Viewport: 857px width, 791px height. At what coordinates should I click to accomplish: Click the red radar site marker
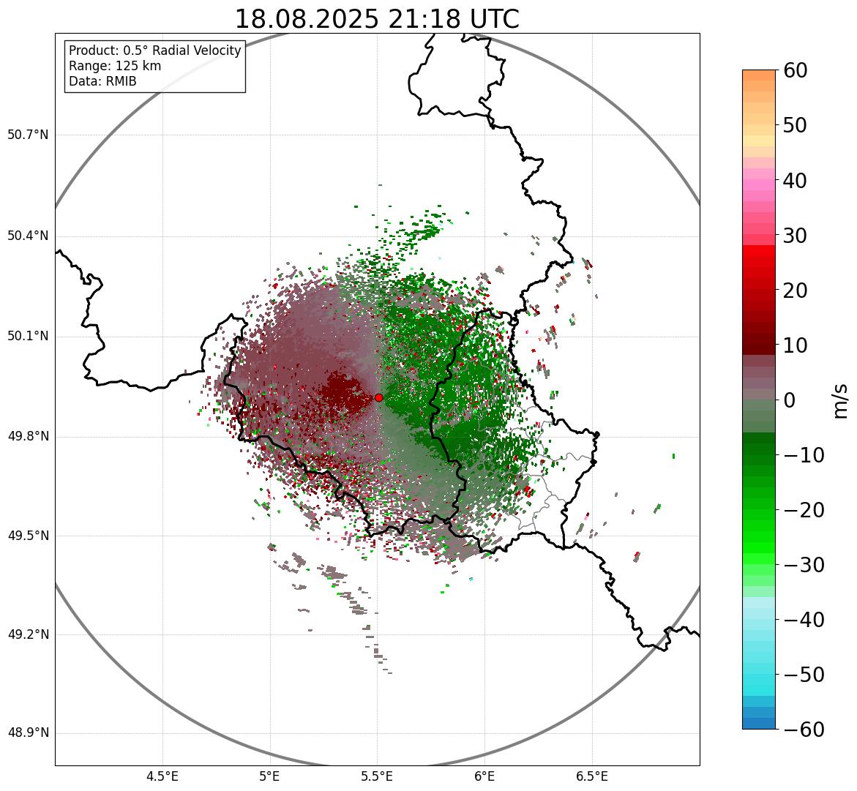pos(378,397)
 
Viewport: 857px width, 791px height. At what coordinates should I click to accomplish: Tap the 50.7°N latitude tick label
pos(28,135)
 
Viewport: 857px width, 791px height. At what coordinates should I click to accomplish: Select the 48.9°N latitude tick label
pos(28,733)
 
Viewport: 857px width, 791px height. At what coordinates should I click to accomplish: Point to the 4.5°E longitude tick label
pos(162,776)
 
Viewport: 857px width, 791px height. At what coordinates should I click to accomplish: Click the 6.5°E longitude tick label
pos(591,776)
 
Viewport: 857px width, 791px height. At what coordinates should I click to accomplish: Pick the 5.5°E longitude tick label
pos(377,776)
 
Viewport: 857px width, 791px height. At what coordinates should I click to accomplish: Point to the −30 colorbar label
pos(804,565)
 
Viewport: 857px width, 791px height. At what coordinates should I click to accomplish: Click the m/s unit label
pos(842,400)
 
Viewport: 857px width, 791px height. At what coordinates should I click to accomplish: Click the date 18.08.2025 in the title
pos(306,19)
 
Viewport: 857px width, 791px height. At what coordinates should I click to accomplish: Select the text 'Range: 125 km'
pos(115,66)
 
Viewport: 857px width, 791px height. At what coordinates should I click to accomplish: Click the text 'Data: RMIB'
pos(102,81)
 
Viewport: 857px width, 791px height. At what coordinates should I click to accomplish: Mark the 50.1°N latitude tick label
pos(28,337)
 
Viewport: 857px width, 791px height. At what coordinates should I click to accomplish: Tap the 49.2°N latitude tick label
pos(28,634)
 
